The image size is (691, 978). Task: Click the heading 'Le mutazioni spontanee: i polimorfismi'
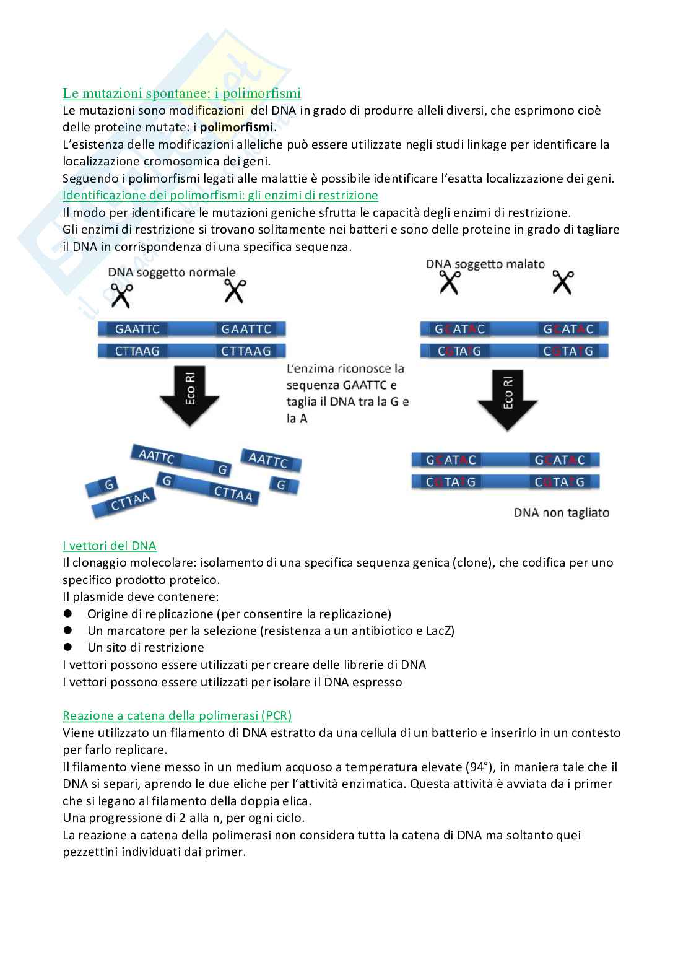(x=181, y=93)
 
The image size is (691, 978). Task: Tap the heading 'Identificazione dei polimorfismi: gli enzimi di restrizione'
(x=220, y=196)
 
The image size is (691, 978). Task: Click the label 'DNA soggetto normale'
(x=172, y=273)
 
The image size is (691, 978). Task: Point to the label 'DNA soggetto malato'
(x=485, y=264)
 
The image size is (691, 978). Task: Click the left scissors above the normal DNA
(x=121, y=295)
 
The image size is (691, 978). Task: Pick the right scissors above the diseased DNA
(x=563, y=282)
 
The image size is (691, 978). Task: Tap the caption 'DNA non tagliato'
(x=562, y=513)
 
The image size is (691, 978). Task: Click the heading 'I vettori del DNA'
(x=109, y=546)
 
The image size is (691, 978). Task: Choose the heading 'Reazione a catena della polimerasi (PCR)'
(x=177, y=715)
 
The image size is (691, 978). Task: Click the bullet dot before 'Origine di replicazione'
(x=67, y=613)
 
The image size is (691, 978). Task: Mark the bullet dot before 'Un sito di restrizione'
(x=67, y=647)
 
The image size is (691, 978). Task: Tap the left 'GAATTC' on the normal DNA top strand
(x=137, y=329)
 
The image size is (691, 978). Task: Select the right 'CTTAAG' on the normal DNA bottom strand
(x=246, y=351)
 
